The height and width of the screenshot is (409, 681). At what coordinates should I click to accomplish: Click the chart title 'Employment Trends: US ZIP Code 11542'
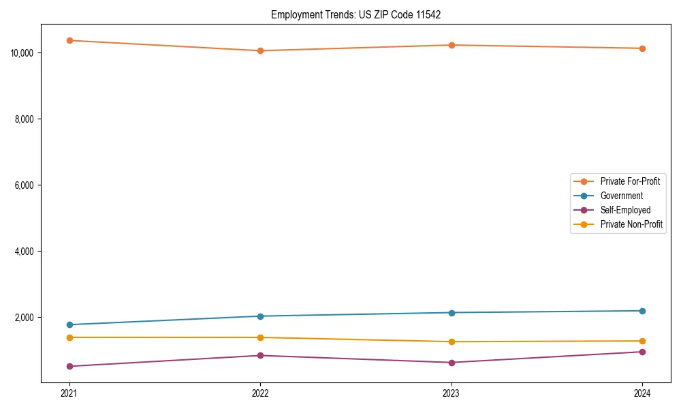click(x=355, y=14)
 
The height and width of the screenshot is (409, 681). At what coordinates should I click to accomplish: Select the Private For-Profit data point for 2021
click(x=69, y=40)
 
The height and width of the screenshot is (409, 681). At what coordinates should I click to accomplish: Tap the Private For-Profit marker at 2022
click(x=260, y=50)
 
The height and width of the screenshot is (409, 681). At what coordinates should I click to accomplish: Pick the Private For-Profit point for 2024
click(x=642, y=48)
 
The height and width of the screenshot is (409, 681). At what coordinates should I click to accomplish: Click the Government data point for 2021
click(x=69, y=324)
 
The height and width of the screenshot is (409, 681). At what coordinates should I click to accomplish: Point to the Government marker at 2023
click(x=452, y=313)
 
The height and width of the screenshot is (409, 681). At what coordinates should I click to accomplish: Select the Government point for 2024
click(x=642, y=311)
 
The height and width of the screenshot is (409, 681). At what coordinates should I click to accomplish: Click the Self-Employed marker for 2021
click(x=69, y=366)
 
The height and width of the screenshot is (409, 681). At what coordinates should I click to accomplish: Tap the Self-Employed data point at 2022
click(x=260, y=355)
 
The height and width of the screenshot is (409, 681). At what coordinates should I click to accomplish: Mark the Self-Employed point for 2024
click(x=642, y=352)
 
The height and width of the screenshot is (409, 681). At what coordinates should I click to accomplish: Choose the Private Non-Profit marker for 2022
click(x=260, y=337)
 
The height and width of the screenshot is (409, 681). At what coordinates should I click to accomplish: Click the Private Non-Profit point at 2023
click(x=452, y=342)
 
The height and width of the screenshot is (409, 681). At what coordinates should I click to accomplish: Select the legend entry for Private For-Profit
click(x=629, y=181)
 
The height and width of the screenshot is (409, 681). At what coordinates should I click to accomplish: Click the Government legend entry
click(x=621, y=196)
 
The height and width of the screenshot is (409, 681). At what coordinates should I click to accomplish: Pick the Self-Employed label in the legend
click(x=625, y=210)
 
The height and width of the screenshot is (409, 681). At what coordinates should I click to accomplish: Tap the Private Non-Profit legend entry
click(x=631, y=224)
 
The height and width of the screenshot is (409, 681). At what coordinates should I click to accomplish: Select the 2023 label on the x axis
click(x=452, y=393)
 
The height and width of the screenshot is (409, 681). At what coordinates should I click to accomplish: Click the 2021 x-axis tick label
click(x=69, y=393)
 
